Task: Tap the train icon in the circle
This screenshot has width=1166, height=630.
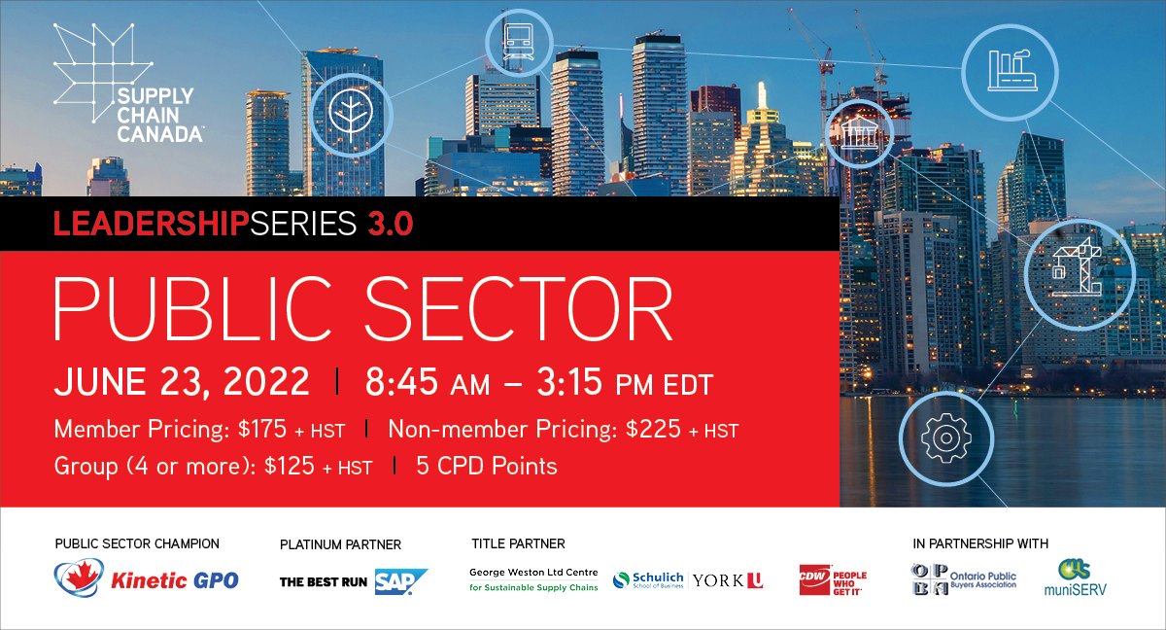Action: coord(519,43)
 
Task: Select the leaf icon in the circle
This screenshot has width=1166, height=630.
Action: coord(351,115)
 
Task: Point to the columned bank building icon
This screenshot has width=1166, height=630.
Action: coord(859,133)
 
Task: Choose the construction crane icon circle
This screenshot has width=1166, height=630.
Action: coord(1080,274)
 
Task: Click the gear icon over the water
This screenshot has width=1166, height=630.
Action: coord(945,437)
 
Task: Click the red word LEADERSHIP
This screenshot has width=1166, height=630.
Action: coord(151,224)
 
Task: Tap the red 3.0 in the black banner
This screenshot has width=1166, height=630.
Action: coord(391,224)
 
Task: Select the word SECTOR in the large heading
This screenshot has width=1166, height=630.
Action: coord(519,308)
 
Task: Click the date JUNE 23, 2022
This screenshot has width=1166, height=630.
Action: coord(182,382)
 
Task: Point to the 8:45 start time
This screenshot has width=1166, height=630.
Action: coord(401,382)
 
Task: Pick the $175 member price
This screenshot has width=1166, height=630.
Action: coord(261,429)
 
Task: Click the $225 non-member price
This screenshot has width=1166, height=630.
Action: coord(653,429)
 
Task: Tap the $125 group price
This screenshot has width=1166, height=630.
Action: coord(290,466)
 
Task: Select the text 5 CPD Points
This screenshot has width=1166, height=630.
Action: coord(487,466)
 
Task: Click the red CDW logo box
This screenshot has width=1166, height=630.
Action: coord(814,579)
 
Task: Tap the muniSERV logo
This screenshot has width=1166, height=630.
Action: coord(1075,577)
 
